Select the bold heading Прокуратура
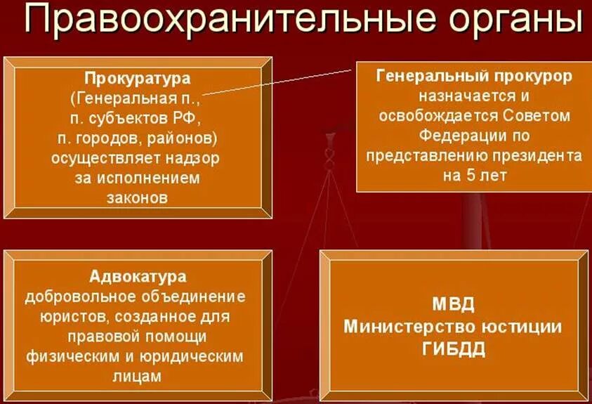point(138,77)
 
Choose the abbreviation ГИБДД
point(454,349)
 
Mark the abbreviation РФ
point(188,117)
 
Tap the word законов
point(137,197)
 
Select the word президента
point(539,155)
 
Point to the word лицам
point(137,377)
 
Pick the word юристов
point(52,315)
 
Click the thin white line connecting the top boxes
point(281,81)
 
